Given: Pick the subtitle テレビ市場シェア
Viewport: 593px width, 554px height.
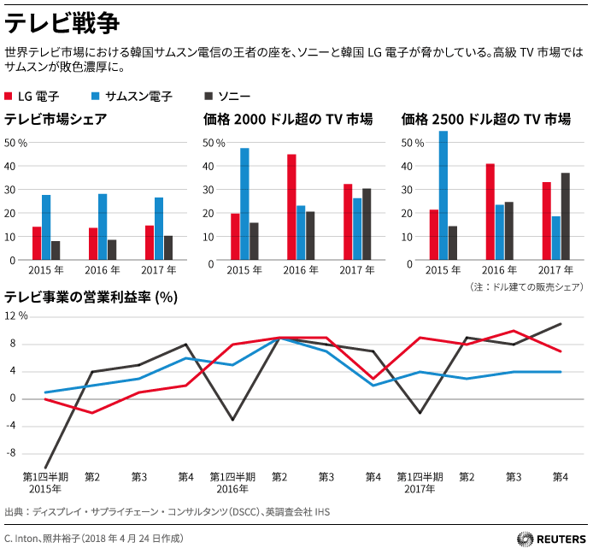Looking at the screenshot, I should pos(56,120).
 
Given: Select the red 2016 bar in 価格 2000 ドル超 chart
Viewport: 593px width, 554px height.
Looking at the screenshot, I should pos(291,207).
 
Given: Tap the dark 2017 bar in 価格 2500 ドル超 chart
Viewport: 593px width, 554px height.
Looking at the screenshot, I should pos(565,216).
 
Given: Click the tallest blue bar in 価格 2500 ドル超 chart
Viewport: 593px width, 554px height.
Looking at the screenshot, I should pos(443,196).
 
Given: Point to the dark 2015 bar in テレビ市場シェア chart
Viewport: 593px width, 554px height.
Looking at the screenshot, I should pos(56,250).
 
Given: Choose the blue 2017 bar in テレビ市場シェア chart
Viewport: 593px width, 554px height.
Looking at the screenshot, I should pos(159,228).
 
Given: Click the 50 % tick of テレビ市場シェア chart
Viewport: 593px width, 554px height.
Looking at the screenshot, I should pos(16,142).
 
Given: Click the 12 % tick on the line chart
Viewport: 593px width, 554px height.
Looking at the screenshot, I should pos(16,315).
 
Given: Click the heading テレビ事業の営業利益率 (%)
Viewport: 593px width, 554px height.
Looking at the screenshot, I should pos(91,298).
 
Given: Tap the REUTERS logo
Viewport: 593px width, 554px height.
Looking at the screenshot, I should pos(550,539).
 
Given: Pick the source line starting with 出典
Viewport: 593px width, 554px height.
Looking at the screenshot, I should pos(167,512).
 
